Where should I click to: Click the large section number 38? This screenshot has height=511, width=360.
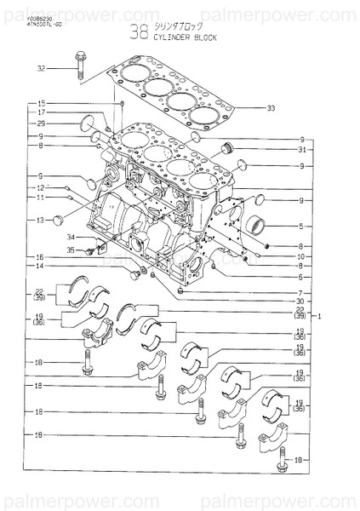(x=138, y=32)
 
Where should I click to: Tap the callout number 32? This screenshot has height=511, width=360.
(x=41, y=67)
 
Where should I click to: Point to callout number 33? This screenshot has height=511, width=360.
(x=271, y=108)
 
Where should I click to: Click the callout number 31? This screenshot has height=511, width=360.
(x=301, y=150)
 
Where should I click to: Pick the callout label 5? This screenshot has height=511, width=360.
(x=301, y=226)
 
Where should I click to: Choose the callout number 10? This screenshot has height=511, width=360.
(x=301, y=256)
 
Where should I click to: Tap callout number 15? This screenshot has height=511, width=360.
(x=41, y=104)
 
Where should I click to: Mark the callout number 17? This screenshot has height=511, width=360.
(x=41, y=113)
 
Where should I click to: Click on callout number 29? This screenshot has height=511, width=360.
(x=41, y=124)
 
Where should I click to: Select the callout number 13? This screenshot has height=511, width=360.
(x=41, y=220)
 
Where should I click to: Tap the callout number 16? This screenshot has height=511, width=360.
(x=41, y=256)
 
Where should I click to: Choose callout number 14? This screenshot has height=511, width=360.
(x=41, y=267)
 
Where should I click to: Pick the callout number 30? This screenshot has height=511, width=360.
(x=301, y=301)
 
